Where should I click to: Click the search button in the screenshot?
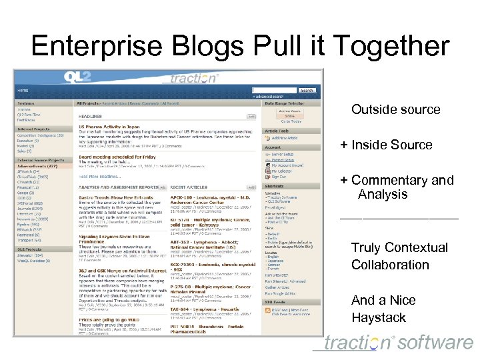tap(307, 90)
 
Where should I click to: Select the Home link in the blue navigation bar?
tap(23, 90)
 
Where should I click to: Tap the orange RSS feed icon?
tap(268, 310)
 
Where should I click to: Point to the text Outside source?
tap(395, 109)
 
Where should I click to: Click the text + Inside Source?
tap(386, 145)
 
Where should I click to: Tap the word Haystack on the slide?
tap(378, 317)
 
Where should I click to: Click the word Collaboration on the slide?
tap(390, 265)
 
